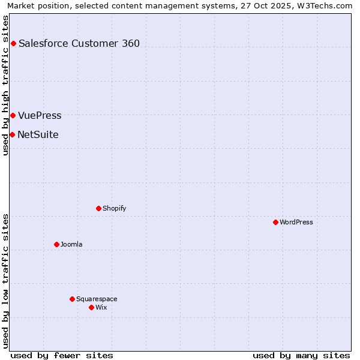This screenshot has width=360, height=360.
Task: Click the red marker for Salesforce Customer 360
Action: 13,43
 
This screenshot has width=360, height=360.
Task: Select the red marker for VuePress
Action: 13,115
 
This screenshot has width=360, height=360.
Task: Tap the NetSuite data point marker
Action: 12,134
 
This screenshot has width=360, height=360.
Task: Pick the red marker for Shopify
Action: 98,208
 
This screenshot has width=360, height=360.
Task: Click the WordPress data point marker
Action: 275,222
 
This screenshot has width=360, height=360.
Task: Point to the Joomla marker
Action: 56,244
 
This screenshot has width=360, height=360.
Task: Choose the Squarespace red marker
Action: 72,299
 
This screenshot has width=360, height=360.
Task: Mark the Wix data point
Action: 91,307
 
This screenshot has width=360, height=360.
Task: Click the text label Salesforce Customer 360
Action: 79,43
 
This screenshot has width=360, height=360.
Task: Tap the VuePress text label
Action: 40,115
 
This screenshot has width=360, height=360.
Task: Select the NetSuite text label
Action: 38,134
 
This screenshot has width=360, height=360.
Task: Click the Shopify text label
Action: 114,208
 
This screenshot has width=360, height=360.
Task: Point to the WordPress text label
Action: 296,222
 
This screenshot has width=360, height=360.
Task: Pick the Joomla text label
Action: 71,244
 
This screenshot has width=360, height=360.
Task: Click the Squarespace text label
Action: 97,299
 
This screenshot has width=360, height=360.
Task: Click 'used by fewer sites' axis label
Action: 62,355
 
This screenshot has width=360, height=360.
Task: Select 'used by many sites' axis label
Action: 301,355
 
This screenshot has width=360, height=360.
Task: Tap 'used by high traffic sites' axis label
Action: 6,85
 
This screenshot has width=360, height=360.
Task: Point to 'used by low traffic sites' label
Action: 6,281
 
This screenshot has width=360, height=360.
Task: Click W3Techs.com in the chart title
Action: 326,5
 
